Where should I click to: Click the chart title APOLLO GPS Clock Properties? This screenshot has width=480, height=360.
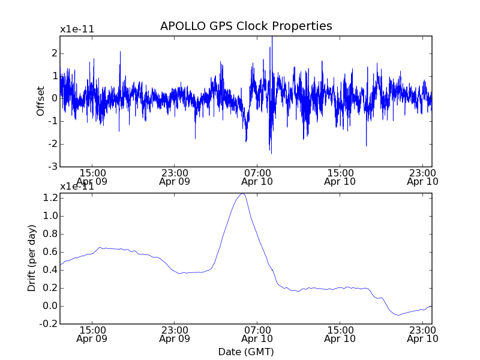click(x=246, y=26)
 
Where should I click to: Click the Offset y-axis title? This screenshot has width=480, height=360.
click(x=41, y=101)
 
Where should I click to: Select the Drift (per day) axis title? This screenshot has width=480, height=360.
click(x=32, y=258)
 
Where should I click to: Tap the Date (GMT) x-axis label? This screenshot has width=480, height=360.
click(x=246, y=352)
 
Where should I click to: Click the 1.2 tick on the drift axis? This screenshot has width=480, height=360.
click(x=50, y=198)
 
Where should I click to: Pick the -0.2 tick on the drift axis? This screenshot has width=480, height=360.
click(x=49, y=324)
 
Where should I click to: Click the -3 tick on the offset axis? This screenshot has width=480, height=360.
click(x=53, y=166)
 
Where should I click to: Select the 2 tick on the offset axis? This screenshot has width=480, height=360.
click(x=54, y=53)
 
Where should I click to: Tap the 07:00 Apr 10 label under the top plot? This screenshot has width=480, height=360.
click(x=257, y=176)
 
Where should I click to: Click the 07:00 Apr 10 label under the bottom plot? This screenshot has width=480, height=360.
click(x=257, y=334)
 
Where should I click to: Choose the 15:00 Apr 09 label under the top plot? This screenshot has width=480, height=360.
click(x=92, y=176)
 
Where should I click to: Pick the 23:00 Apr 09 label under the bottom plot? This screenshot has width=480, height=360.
click(x=175, y=334)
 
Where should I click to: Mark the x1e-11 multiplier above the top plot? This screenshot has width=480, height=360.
click(x=77, y=29)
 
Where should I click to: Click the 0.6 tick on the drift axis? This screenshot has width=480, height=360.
click(x=50, y=252)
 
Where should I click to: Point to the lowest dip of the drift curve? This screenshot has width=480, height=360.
click(x=397, y=315)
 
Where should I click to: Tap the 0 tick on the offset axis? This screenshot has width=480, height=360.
click(x=54, y=98)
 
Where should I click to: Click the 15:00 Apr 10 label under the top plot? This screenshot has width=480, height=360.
click(x=340, y=176)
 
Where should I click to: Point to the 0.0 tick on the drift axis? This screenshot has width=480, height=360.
click(x=50, y=306)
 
